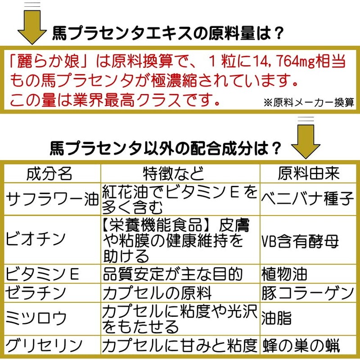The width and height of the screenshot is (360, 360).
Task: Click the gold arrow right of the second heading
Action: (306, 138)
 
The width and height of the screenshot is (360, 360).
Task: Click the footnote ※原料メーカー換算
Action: (309, 103)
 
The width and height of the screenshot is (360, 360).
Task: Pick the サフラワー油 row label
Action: (52, 198)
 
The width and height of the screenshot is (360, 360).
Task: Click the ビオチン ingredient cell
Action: (36, 239)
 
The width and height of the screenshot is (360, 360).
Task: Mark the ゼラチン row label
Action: (36, 293)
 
